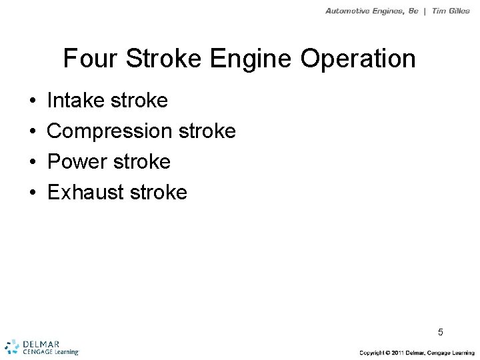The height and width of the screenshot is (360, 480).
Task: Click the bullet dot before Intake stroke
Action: point(33,102)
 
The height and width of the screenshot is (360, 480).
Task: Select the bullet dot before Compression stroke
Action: point(33,132)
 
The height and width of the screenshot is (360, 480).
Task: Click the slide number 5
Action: point(441,331)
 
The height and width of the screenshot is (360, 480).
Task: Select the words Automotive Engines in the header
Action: point(364,11)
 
